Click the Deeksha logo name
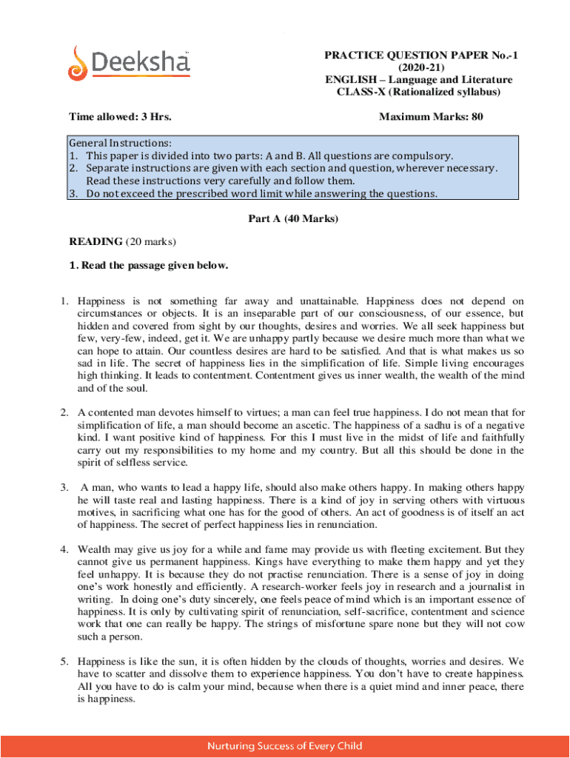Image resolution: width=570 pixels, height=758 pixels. tap(141, 63)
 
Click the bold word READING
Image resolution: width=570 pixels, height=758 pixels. tap(95, 241)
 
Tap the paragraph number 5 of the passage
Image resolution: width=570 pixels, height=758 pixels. tap(64, 661)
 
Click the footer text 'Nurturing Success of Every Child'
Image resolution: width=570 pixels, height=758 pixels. tap(285, 746)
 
